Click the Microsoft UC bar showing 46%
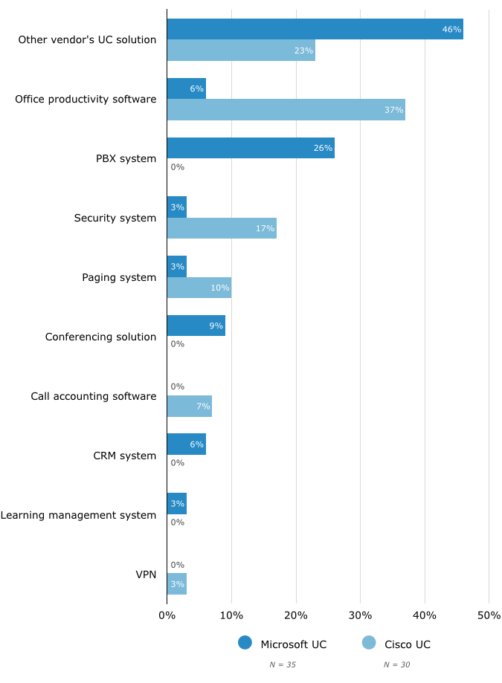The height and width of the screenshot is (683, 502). (x=315, y=29)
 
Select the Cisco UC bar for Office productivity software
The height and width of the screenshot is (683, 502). (x=286, y=110)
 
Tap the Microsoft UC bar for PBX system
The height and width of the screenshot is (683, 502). (x=251, y=148)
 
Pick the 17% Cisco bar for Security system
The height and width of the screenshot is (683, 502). (x=222, y=228)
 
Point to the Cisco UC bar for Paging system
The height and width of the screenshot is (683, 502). (x=199, y=288)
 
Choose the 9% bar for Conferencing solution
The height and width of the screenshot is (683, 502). (x=196, y=326)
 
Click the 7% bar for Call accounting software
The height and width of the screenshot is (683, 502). (x=189, y=406)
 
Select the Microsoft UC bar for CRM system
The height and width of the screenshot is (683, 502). (x=186, y=444)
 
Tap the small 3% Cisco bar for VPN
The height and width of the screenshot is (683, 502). (x=176, y=584)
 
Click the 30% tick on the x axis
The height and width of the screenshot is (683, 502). (x=360, y=615)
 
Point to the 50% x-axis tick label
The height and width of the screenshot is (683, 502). (x=489, y=615)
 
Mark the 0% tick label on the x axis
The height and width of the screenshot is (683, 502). (x=167, y=615)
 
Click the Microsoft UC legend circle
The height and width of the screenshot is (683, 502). (x=245, y=643)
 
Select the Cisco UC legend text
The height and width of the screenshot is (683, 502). (x=408, y=644)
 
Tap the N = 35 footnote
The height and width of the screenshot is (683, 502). (x=283, y=664)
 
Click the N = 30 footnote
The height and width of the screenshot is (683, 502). (x=397, y=664)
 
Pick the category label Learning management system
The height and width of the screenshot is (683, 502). (x=78, y=515)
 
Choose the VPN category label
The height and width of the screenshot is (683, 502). (x=146, y=574)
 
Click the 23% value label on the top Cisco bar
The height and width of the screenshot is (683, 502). (x=303, y=51)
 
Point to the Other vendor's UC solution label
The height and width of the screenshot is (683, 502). (x=87, y=39)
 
